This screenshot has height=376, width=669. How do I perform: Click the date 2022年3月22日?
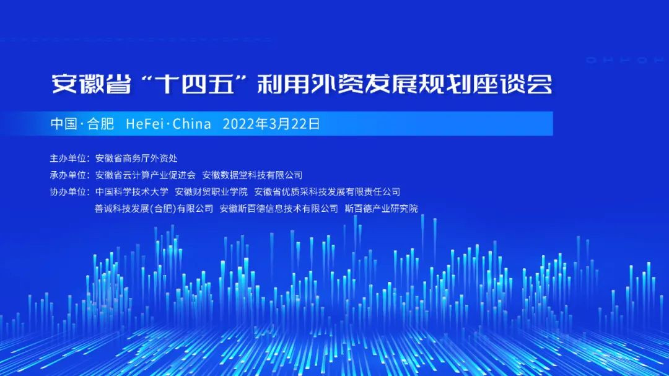271,124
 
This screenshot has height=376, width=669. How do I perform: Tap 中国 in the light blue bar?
64,124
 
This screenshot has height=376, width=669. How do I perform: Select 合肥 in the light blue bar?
101,124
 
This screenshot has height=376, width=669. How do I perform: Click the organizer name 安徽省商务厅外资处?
136,159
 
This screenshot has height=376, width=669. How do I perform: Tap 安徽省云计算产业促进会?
146,175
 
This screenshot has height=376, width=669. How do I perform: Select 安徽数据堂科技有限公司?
252,175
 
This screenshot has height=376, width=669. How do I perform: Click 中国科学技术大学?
132,192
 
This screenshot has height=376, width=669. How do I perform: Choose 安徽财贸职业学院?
211,192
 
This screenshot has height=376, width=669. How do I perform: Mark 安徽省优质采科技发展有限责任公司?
327,192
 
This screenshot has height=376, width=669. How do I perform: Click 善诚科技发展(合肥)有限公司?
154,209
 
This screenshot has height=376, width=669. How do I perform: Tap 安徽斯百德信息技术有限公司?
279,209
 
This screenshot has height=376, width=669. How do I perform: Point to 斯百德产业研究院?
381,209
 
